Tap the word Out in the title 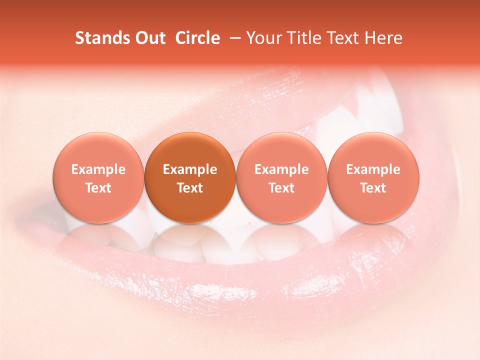(x=148, y=38)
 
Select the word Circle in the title (x=197, y=38)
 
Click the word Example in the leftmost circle (x=98, y=169)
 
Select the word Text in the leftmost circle (x=98, y=188)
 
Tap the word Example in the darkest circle (x=190, y=169)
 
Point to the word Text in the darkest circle (x=190, y=188)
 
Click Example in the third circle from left (x=281, y=169)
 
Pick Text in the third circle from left (x=281, y=188)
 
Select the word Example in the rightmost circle (x=373, y=169)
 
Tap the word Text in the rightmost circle (x=373, y=188)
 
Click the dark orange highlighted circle (x=190, y=150)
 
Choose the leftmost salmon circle (x=98, y=150)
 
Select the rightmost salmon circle (x=373, y=150)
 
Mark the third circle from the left (x=281, y=150)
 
